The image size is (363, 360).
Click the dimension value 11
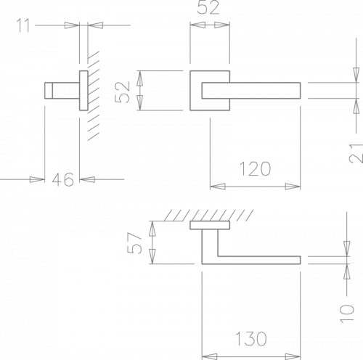pos(23,25)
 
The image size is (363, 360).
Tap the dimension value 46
pos(62,179)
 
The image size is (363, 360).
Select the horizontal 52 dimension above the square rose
pos(208,8)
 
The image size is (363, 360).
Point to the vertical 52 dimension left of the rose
pos(123,92)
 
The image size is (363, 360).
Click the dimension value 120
pos(255,168)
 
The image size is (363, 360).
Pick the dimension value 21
pos(356,153)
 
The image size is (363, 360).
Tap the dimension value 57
pos(134,243)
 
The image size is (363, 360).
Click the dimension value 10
pos(347,314)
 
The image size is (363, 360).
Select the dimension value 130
pos(251,338)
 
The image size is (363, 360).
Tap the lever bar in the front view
pos(251,91)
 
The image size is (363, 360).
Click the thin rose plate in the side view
pos(83,91)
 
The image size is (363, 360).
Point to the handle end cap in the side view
pos(49,91)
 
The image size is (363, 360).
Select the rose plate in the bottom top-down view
pos(210,225)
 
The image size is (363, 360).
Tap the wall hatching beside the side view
pos(94,96)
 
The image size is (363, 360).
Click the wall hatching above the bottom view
pos(208,216)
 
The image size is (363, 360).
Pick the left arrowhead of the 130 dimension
pos(210,356)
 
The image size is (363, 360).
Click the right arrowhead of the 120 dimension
pos(293,187)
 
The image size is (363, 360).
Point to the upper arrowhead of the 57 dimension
pos(152,229)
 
